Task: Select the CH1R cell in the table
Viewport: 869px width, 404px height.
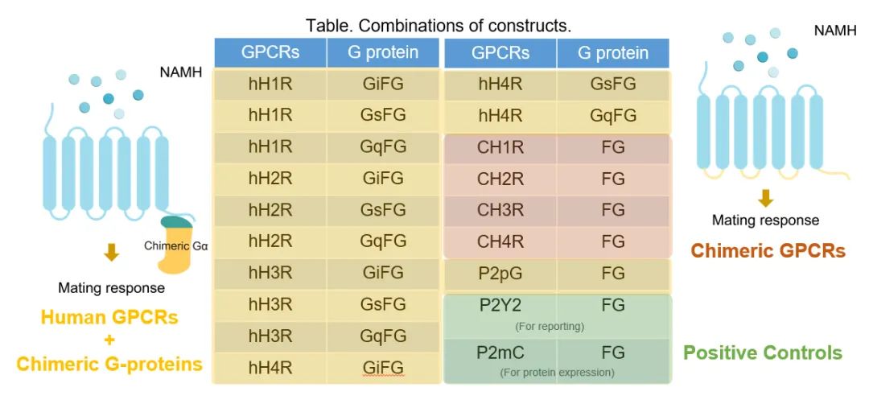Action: [500, 146]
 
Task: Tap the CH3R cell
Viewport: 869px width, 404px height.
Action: [500, 209]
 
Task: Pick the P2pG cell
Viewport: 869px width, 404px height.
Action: [500, 273]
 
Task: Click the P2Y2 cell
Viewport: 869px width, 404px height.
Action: [500, 305]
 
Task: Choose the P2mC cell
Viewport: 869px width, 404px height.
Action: [500, 352]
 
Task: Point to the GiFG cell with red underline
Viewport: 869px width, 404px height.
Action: [383, 367]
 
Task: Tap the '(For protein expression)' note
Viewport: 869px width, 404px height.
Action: [556, 372]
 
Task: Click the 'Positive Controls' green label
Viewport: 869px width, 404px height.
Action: [762, 352]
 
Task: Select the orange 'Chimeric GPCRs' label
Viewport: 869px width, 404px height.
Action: [768, 251]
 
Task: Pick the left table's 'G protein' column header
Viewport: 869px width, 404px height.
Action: [383, 53]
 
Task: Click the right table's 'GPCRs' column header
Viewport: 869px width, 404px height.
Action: [500, 53]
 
